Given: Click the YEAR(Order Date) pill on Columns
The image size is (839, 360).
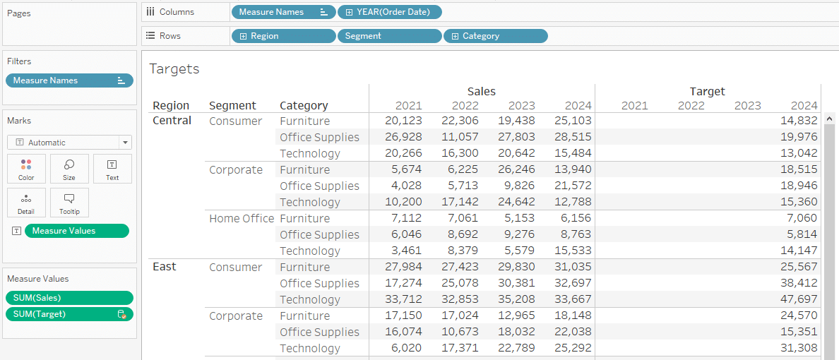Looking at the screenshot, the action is [390, 12].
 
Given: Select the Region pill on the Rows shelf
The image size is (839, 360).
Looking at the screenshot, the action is [284, 36].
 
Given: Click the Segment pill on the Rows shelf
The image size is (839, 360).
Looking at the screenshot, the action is [390, 36].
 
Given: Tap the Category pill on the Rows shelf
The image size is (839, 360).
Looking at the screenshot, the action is [496, 36].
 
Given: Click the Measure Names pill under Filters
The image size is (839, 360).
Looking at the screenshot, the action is [69, 80].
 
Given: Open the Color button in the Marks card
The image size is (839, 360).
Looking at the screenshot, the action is [26, 169].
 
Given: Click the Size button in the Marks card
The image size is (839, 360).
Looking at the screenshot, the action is [69, 169].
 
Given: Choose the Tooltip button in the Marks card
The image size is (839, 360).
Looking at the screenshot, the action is [69, 203].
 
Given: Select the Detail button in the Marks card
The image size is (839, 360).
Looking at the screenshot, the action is [26, 203].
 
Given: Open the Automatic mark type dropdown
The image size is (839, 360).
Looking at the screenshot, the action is [69, 143].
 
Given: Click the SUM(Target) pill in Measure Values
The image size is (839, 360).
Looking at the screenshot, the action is [69, 314].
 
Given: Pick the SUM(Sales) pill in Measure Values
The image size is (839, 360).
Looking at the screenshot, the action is [69, 298].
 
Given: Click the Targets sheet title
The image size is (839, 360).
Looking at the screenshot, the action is [174, 68].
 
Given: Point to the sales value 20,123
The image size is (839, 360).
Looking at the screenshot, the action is [403, 121].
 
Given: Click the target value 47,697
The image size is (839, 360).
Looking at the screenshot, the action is [799, 299].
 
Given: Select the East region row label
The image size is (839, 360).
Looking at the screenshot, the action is [165, 266].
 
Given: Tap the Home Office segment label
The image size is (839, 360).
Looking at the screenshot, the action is [242, 218].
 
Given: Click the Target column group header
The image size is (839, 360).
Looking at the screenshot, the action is [708, 92].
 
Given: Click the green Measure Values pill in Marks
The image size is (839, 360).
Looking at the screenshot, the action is [77, 231].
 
